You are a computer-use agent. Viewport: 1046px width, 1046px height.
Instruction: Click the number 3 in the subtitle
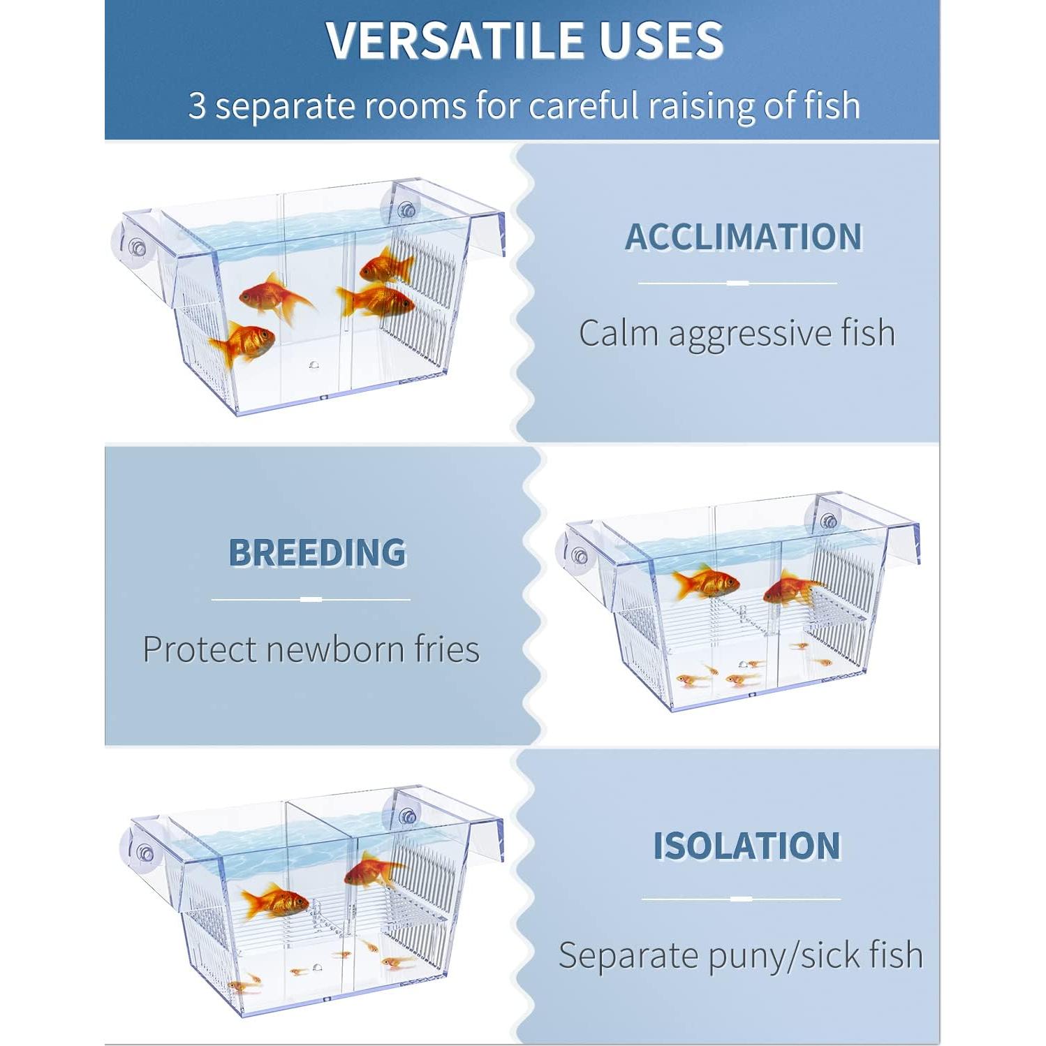[x=198, y=107]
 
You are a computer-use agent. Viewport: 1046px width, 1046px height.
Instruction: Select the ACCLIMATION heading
[x=743, y=237]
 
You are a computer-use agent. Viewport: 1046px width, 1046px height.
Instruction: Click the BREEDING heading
[x=317, y=553]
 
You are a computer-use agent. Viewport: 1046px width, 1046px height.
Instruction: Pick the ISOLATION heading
[x=746, y=846]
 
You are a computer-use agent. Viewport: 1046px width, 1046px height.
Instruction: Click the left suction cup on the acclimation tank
[x=135, y=246]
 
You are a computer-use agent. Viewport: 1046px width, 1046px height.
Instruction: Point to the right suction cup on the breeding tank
[x=828, y=520]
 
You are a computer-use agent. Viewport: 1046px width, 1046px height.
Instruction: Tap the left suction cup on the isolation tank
[x=143, y=853]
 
